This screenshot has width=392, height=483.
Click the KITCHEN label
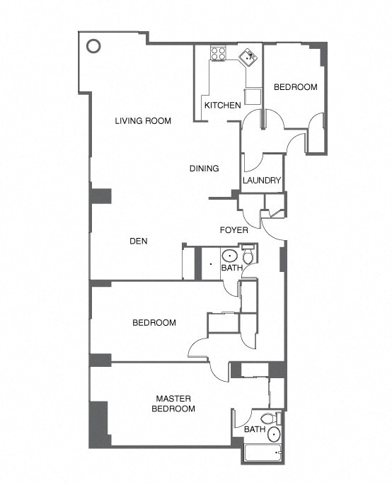(222, 106)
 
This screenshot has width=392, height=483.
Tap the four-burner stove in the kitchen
(218, 52)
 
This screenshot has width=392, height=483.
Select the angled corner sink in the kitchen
(248, 57)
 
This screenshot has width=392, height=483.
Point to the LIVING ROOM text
(143, 121)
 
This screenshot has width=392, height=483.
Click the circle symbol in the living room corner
(93, 47)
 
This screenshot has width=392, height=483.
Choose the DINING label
(204, 169)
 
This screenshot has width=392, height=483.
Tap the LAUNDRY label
(262, 181)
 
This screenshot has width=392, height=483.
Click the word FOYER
(233, 230)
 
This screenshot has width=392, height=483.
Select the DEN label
(138, 241)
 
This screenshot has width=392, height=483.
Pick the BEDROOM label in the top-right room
(295, 87)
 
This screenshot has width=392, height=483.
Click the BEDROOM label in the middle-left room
(154, 323)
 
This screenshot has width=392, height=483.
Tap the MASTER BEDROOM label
(174, 404)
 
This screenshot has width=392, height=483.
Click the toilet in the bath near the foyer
(247, 255)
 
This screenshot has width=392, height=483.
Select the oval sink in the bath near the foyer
(229, 256)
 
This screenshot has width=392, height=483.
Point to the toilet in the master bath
(267, 419)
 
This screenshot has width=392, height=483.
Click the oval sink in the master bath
(273, 434)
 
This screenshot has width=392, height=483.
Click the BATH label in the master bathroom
(254, 430)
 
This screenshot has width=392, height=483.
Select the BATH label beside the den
(231, 268)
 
